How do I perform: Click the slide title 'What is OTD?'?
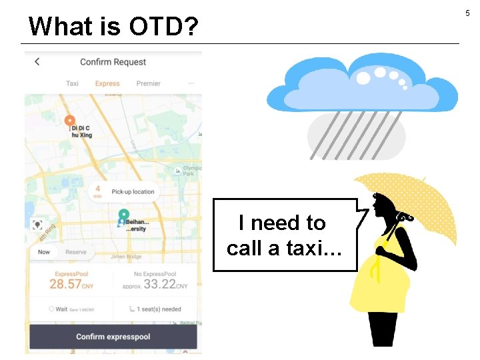point(113,26)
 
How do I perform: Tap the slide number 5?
point(467,13)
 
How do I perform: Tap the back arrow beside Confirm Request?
point(37,61)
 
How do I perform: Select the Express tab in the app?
point(107,84)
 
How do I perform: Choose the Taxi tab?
point(72,84)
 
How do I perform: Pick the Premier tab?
point(148,84)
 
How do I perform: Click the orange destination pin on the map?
point(70,121)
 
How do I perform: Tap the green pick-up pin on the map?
point(123,215)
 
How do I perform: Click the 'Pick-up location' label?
point(133,192)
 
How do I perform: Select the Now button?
point(44,252)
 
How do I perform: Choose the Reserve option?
point(76,252)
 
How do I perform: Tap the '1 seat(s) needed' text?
point(157,309)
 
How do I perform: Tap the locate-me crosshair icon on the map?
point(38,225)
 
